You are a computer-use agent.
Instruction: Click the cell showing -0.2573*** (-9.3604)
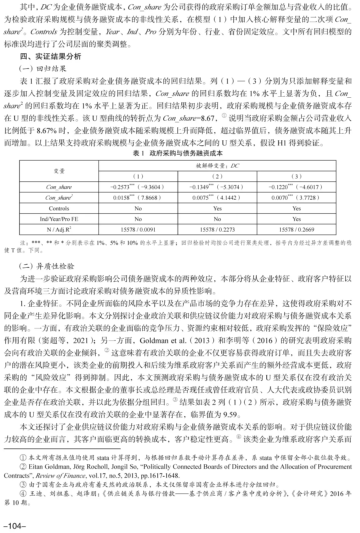point(138,187)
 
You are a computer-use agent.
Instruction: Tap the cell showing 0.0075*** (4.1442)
point(217,198)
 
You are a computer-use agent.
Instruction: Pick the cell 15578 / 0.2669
point(296,229)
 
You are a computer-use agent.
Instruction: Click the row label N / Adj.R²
point(59,229)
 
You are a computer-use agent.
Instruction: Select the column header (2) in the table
point(217,176)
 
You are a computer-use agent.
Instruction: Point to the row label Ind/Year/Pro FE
point(59,219)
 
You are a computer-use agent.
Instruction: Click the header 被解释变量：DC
point(217,166)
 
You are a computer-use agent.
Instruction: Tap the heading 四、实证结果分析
point(51,56)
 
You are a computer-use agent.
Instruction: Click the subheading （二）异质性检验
point(47,266)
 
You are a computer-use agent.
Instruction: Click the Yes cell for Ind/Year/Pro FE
point(296,219)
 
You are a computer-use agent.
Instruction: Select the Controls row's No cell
point(138,208)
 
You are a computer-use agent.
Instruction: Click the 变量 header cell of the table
point(59,171)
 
